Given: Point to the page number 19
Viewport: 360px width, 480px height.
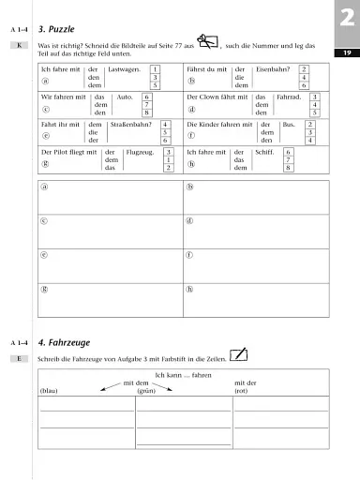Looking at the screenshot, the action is point(346,53).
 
